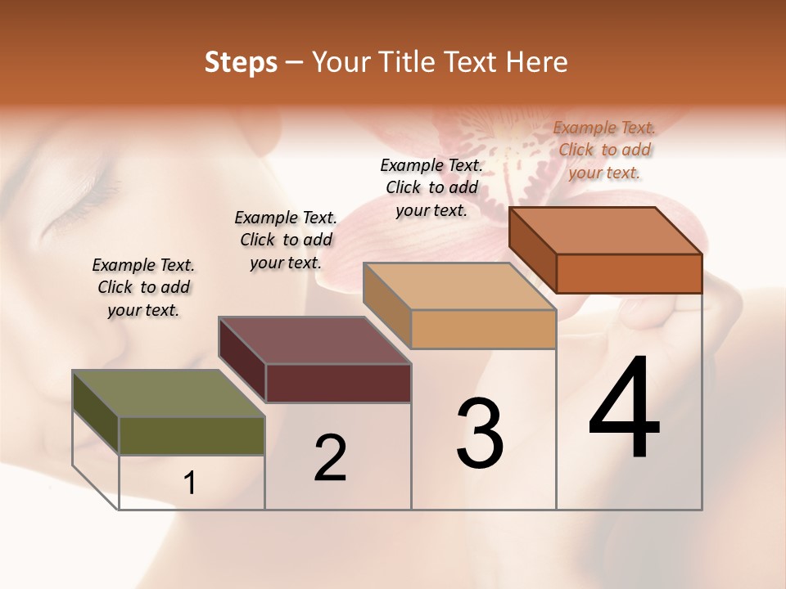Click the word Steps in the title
pos(241,62)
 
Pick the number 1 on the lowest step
pos(190,483)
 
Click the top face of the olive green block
pos(169,394)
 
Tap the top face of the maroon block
pos(314,340)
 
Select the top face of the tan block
pos(459,286)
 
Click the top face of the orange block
pos(606,231)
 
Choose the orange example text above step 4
pos(604,150)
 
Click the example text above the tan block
pos(431,187)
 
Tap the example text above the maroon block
pos(286,240)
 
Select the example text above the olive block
pos(143,287)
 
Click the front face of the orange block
pos(629,273)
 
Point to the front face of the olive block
pos(192,436)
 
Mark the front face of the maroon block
pos(338,383)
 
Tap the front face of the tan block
pos(483,329)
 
